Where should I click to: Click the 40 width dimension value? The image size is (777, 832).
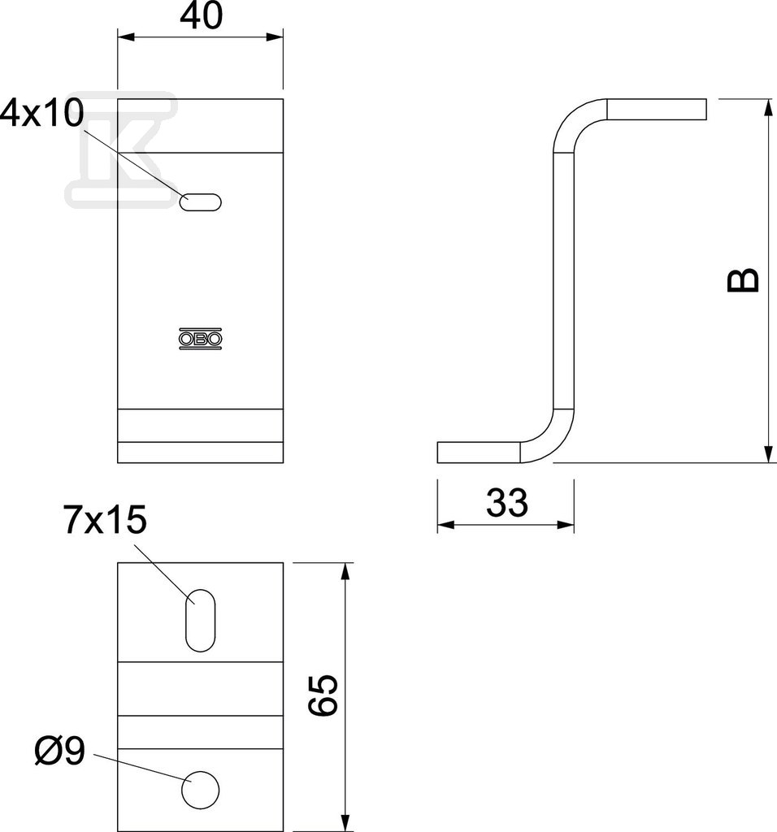pyautogui.click(x=201, y=16)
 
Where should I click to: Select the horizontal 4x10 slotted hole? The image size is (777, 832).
pyautogui.click(x=201, y=202)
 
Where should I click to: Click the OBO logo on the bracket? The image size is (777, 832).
pyautogui.click(x=200, y=339)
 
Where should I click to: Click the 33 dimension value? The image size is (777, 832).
pyautogui.click(x=507, y=502)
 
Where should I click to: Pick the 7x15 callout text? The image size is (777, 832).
pyautogui.click(x=105, y=519)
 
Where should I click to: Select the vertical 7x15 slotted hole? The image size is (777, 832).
pyautogui.click(x=200, y=620)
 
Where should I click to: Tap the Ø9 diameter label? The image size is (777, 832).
pyautogui.click(x=60, y=751)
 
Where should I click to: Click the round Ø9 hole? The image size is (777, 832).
pyautogui.click(x=200, y=790)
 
